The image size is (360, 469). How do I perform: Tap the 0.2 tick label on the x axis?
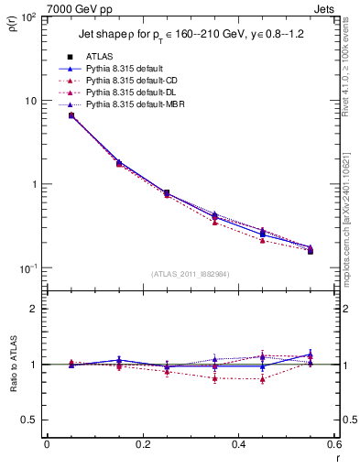click(x=142, y=445)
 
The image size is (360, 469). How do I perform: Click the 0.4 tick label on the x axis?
click(x=238, y=445)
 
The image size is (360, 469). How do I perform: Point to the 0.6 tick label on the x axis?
click(x=333, y=445)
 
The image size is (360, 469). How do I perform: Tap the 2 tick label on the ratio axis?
click(x=34, y=309)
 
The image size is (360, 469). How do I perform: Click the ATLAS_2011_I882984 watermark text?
click(x=190, y=273)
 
